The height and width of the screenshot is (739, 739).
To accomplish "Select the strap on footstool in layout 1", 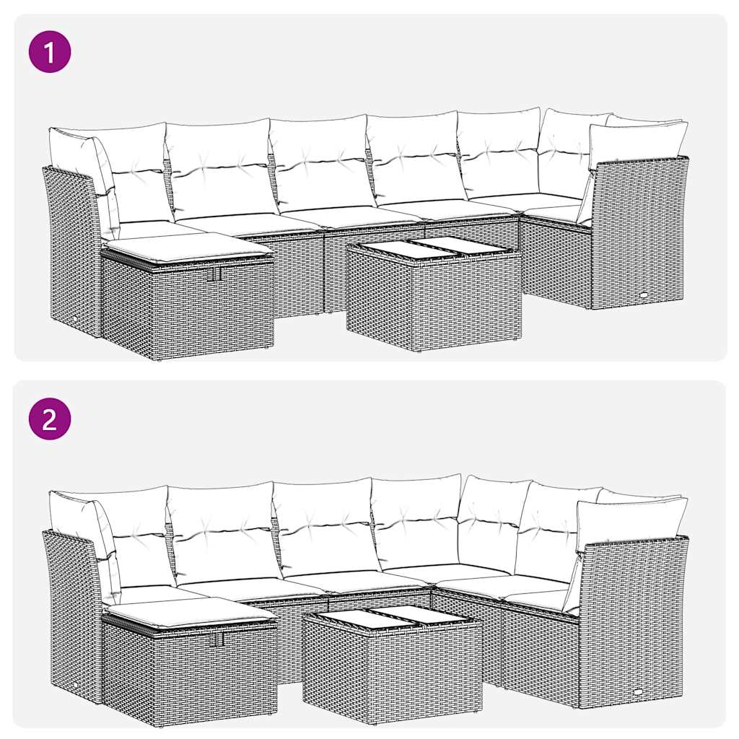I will pos(213,275).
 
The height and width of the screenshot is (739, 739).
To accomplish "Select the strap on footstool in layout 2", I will pos(217,639).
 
